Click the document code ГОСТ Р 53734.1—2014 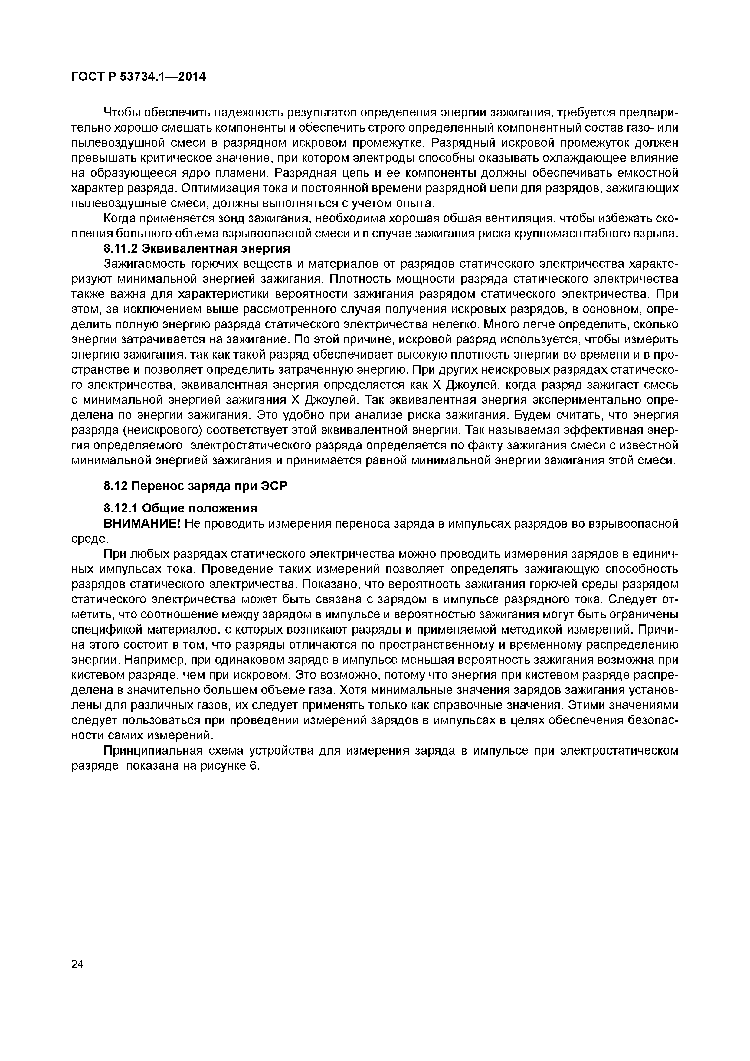(x=138, y=77)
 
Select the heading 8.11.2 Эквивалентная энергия (x=196, y=249)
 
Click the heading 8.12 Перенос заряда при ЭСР (x=195, y=486)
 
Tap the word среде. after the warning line (x=90, y=539)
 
